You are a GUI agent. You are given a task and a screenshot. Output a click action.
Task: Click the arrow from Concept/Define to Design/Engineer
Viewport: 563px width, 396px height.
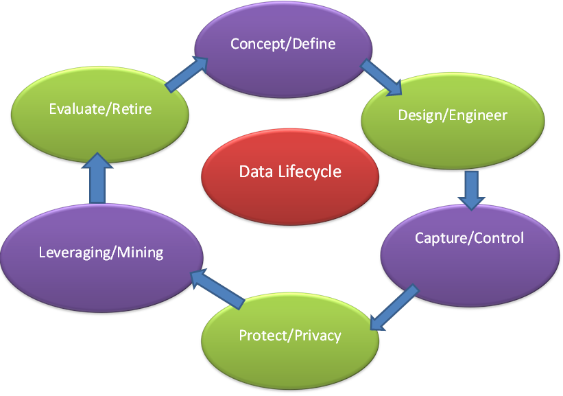pos(381,78)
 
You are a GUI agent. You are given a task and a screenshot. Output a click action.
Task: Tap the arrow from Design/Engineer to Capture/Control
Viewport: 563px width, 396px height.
pos(471,189)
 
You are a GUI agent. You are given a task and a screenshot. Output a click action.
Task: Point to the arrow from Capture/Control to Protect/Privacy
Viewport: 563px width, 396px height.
pos(394,307)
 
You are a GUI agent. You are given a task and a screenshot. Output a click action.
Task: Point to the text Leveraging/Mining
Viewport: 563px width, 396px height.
pos(101,252)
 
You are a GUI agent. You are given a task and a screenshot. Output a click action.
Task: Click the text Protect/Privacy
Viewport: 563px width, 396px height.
pos(290,336)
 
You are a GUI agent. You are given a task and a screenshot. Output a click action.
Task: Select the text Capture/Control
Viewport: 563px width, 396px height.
pos(469,238)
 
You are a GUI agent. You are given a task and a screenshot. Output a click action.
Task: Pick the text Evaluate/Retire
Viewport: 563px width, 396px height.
pos(100,108)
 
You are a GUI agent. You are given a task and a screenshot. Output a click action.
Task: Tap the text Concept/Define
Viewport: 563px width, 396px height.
pos(283,44)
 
